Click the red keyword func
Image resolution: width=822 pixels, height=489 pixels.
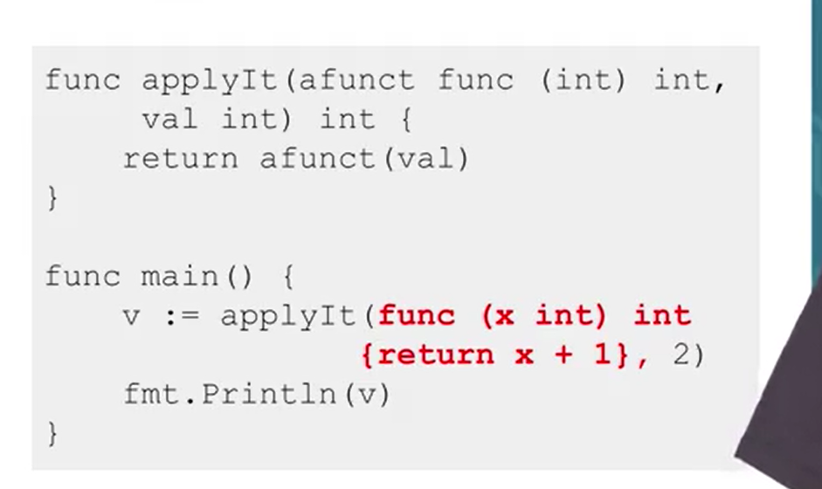(x=417, y=315)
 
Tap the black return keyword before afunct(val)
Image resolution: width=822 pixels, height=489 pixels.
(x=179, y=159)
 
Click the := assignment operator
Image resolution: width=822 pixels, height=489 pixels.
(x=180, y=315)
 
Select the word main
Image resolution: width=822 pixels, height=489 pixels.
(x=179, y=277)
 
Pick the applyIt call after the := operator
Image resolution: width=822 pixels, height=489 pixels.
(x=287, y=315)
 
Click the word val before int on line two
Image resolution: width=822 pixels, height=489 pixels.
(x=169, y=120)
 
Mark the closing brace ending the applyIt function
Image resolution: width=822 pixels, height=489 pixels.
(x=52, y=198)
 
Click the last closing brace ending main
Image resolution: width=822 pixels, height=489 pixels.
(x=52, y=432)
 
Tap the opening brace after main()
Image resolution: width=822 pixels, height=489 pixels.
(x=288, y=277)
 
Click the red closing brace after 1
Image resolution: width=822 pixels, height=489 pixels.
(x=622, y=355)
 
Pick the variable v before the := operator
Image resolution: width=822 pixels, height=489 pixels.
(x=131, y=315)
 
